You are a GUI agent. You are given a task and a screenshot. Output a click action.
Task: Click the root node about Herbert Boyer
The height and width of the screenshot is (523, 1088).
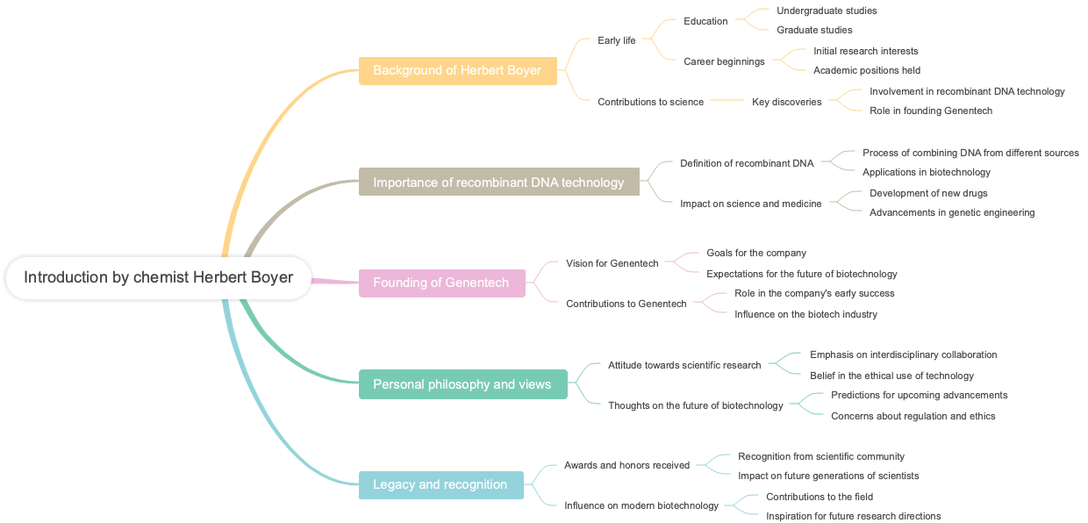[158, 277]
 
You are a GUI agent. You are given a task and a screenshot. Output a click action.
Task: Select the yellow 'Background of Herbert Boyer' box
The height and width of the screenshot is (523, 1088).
[457, 70]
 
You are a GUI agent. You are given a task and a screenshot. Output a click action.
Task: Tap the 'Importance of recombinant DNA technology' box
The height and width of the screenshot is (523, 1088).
[498, 183]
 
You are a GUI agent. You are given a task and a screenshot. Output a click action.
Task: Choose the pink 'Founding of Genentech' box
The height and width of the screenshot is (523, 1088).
[441, 283]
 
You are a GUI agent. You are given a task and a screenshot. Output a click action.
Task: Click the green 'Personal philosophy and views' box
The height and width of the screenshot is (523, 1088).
[462, 384]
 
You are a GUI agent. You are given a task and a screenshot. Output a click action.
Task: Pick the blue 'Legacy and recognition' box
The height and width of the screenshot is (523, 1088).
[440, 484]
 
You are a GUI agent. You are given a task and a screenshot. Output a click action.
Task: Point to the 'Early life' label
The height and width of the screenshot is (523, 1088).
[617, 40]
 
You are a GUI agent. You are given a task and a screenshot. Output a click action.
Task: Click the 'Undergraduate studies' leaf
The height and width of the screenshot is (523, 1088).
[827, 11]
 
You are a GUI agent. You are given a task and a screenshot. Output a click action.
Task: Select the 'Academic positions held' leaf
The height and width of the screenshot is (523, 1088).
[867, 70]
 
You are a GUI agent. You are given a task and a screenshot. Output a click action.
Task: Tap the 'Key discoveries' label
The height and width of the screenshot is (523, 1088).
[787, 102]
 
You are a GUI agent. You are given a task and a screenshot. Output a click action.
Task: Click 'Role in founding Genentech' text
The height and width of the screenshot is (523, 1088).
[931, 111]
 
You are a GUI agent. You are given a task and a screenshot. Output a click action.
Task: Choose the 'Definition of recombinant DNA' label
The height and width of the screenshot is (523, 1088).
[747, 163]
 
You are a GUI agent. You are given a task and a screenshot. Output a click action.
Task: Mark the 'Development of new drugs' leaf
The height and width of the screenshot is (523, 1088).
[928, 193]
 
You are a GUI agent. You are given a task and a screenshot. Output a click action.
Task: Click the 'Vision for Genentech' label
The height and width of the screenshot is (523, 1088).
[612, 263]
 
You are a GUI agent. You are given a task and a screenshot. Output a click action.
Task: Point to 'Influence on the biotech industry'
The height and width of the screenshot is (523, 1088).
[805, 314]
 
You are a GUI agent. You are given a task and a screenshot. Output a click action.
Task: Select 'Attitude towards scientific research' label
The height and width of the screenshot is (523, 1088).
[684, 365]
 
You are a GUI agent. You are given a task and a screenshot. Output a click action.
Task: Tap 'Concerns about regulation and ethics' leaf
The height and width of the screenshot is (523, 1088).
[913, 416]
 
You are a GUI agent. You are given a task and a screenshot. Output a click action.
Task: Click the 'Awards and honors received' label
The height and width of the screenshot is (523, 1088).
[626, 465]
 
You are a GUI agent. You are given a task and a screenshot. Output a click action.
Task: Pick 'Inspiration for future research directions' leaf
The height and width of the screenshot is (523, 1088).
[853, 516]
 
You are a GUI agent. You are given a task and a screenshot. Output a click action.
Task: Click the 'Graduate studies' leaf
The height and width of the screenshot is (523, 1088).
[814, 30]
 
